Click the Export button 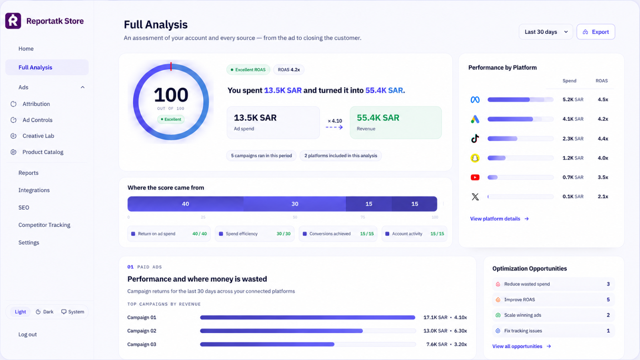596,32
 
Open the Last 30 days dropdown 546,32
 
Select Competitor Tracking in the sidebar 44,225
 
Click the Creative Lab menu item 38,136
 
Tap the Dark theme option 44,312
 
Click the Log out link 28,334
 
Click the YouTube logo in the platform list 475,178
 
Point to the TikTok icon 475,138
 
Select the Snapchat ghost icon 475,158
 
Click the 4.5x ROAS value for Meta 603,100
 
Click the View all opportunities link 522,346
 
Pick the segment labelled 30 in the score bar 294,204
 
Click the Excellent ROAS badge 248,70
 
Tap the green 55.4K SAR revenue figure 378,118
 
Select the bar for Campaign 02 282,331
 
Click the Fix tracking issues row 554,330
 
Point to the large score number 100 171,95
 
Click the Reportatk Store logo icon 13,21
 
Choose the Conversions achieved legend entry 338,234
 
